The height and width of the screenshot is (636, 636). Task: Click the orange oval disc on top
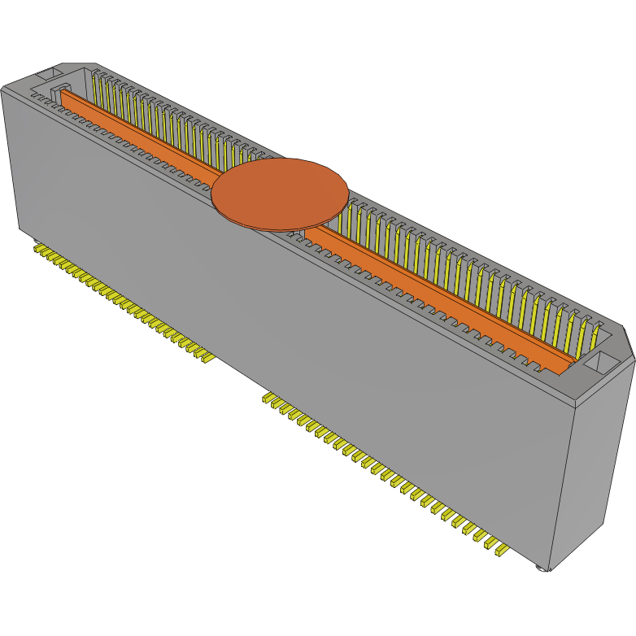(280, 194)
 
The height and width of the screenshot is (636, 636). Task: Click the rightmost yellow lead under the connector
(500, 551)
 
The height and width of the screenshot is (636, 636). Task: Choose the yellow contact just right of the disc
(352, 220)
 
